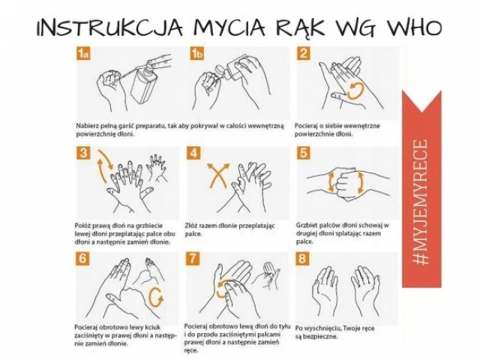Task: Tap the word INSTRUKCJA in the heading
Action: click(x=109, y=28)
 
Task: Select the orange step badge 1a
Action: click(x=83, y=53)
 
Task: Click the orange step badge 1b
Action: click(x=196, y=53)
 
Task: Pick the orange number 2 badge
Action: click(x=303, y=53)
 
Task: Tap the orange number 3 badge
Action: click(x=83, y=153)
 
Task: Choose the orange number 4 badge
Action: click(x=193, y=153)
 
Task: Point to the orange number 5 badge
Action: click(x=303, y=153)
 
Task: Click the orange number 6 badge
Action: click(x=82, y=259)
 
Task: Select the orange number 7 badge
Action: click(x=192, y=259)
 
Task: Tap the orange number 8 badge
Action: click(x=302, y=259)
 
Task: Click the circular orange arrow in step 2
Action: click(x=356, y=91)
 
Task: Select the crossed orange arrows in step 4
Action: click(x=218, y=175)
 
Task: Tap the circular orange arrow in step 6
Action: click(x=156, y=298)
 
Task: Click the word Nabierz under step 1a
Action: click(x=86, y=126)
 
